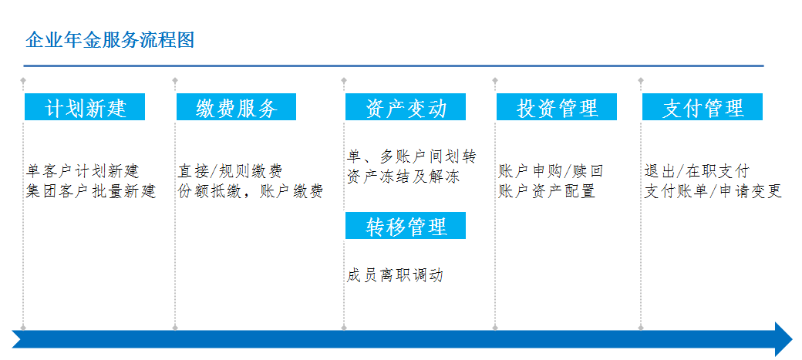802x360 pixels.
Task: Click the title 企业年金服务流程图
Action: click(x=110, y=40)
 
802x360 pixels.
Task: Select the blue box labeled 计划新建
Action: click(x=85, y=107)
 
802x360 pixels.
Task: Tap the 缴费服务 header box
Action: click(x=236, y=107)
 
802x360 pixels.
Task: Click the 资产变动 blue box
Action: click(x=406, y=107)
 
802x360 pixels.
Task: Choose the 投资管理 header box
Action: click(x=557, y=107)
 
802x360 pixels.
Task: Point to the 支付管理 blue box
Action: click(x=703, y=107)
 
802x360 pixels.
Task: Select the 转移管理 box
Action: click(x=406, y=226)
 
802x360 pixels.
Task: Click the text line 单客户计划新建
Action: click(x=83, y=171)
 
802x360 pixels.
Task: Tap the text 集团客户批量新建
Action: click(x=91, y=191)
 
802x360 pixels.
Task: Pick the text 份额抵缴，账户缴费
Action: click(x=251, y=191)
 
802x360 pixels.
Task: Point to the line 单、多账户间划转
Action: click(x=411, y=156)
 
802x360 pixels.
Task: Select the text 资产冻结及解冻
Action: click(x=403, y=177)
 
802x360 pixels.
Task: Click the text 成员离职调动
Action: click(x=394, y=276)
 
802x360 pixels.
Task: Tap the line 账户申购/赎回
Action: click(x=551, y=171)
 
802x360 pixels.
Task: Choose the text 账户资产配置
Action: click(x=547, y=191)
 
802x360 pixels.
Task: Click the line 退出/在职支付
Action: click(x=696, y=171)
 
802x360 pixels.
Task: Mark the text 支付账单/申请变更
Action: click(x=713, y=191)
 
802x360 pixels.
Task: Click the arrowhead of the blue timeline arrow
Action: click(x=784, y=339)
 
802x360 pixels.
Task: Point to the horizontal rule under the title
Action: click(x=393, y=66)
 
